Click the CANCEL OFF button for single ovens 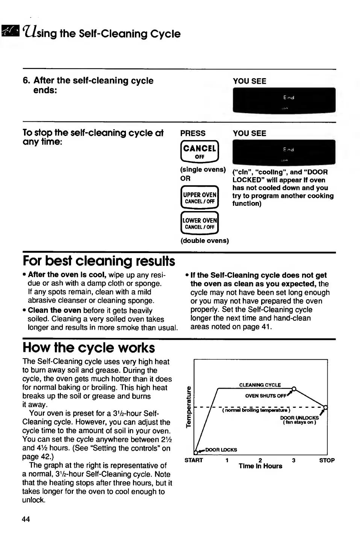pyautogui.click(x=200, y=151)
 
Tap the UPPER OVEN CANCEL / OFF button pyautogui.click(x=200, y=198)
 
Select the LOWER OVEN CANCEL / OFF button pyautogui.click(x=200, y=223)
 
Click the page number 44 pyautogui.click(x=26, y=519)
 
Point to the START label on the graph pyautogui.click(x=194, y=460)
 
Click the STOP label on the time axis pyautogui.click(x=327, y=460)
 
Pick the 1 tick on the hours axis pyautogui.click(x=227, y=460)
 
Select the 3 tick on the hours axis pyautogui.click(x=293, y=460)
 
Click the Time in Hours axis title pyautogui.click(x=260, y=466)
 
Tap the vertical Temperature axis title pyautogui.click(x=188, y=407)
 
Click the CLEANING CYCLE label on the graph pyautogui.click(x=260, y=385)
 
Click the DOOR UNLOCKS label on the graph pyautogui.click(x=299, y=418)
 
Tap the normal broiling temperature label pyautogui.click(x=256, y=410)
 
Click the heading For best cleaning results pyautogui.click(x=99, y=261)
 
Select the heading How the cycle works pyautogui.click(x=89, y=348)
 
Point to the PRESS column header pyautogui.click(x=193, y=133)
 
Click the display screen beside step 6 pyautogui.click(x=284, y=100)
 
